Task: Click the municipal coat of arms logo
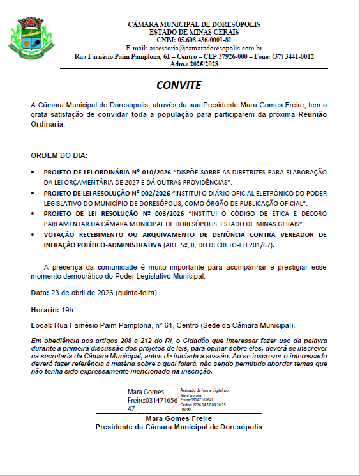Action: point(27,39)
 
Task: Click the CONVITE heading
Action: point(179,85)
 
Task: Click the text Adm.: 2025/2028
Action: point(194,65)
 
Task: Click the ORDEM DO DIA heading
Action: point(59,155)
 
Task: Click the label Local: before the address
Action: point(40,325)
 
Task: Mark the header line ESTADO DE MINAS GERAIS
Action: point(194,32)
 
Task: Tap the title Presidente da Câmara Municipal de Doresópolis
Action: point(179,427)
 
